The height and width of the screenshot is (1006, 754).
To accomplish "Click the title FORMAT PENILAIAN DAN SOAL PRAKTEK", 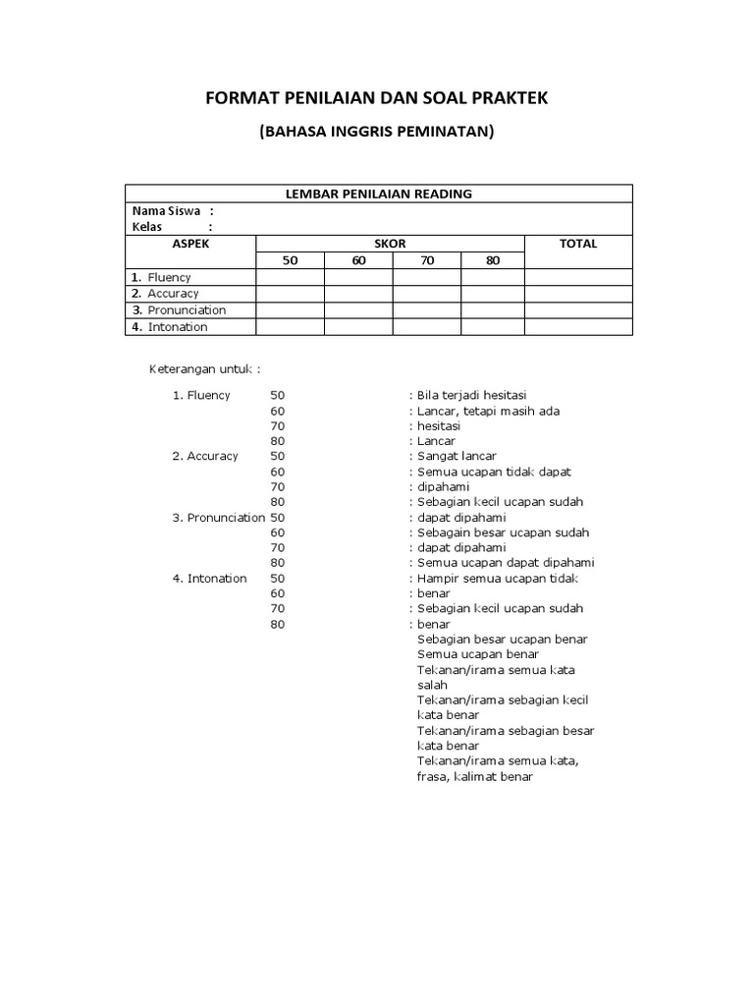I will coord(378,99).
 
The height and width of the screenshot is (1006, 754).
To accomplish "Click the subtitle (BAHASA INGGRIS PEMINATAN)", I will coord(377,132).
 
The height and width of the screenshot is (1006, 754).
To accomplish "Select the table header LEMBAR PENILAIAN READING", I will coord(378,194).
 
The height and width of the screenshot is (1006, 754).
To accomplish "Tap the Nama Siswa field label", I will coord(167,211).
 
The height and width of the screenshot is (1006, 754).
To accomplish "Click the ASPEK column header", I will coord(190,244).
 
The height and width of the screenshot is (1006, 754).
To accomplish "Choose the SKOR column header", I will coord(390,244).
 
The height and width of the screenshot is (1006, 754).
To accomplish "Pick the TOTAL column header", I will coord(578,244).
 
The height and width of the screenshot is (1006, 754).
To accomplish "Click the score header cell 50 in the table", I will coord(290,260).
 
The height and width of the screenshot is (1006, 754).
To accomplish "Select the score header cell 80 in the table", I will coord(492,260).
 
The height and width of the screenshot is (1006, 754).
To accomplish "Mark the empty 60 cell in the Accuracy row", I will coord(358,294).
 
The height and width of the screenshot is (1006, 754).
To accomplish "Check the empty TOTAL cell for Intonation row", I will coord(578,327).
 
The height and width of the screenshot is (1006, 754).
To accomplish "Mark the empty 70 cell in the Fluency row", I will coord(427,277).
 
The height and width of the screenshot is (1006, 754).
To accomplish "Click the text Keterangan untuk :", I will coord(204,369).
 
